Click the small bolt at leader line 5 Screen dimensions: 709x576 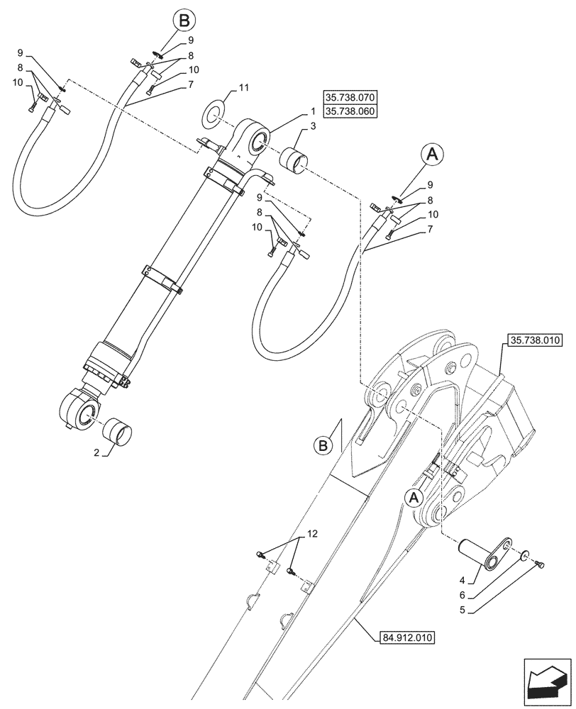[542, 563]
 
